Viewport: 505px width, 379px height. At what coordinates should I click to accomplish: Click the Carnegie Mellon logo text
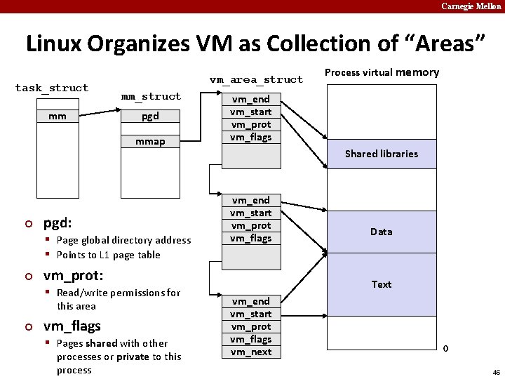coord(471,6)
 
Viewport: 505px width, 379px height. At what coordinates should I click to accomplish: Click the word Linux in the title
coord(53,44)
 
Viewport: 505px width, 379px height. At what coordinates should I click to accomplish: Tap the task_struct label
coord(52,88)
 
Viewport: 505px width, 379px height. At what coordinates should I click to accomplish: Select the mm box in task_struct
coord(58,116)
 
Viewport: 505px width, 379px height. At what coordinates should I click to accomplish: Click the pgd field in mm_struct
coord(150,116)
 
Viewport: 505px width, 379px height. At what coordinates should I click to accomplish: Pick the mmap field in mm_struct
coord(150,141)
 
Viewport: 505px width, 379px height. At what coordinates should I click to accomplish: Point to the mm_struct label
coord(151,96)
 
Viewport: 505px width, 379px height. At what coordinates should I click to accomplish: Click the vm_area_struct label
coord(256,79)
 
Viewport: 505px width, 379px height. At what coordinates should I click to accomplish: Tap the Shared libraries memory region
coord(381,154)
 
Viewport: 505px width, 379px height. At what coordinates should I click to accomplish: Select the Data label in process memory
coord(381,232)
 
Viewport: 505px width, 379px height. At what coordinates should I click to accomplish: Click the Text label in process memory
coord(381,284)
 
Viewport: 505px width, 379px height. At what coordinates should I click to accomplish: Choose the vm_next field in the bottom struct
coord(251,352)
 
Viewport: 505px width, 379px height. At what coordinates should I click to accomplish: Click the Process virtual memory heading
coord(382,72)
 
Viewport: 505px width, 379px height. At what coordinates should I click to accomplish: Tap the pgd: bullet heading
coord(58,223)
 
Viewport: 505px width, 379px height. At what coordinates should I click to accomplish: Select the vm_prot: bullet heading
coord(73,275)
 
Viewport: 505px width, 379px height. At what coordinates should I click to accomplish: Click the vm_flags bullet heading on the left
coord(72,326)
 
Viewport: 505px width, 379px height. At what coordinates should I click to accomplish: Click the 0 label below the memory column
coord(445,349)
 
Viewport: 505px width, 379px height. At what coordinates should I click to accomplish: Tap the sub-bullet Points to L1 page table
coord(108,255)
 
